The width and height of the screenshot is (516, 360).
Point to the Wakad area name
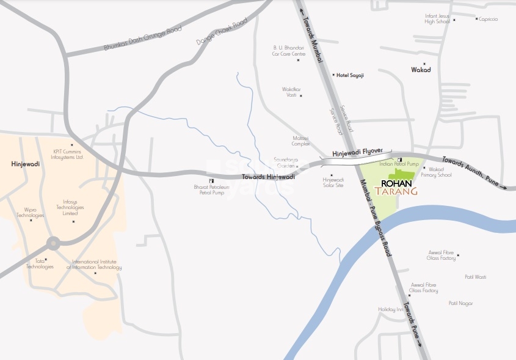421,70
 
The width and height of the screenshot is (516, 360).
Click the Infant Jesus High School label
437,18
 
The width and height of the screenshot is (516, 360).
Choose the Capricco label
489,19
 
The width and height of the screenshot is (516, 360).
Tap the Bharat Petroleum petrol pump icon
211,181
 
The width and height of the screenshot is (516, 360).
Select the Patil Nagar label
460,303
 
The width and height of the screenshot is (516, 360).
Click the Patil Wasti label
475,277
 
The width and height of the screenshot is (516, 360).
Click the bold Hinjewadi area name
25,164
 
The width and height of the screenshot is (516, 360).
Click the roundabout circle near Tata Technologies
53,243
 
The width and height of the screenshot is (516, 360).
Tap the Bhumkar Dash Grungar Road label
134,38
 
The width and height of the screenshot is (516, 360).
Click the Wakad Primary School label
440,172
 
